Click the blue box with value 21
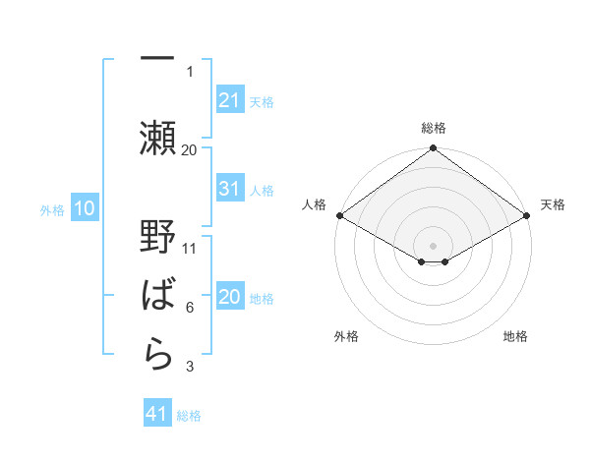(229, 100)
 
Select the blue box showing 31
(229, 190)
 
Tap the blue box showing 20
(229, 298)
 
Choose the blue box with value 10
(85, 208)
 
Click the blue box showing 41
(157, 415)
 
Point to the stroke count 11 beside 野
(190, 249)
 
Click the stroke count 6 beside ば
(190, 308)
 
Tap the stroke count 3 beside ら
(190, 368)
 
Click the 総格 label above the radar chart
(434, 128)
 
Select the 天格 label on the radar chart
(553, 204)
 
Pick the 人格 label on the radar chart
(314, 204)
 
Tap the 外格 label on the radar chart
(346, 336)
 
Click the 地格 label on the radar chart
(515, 336)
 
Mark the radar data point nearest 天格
(527, 215)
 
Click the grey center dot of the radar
(433, 245)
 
